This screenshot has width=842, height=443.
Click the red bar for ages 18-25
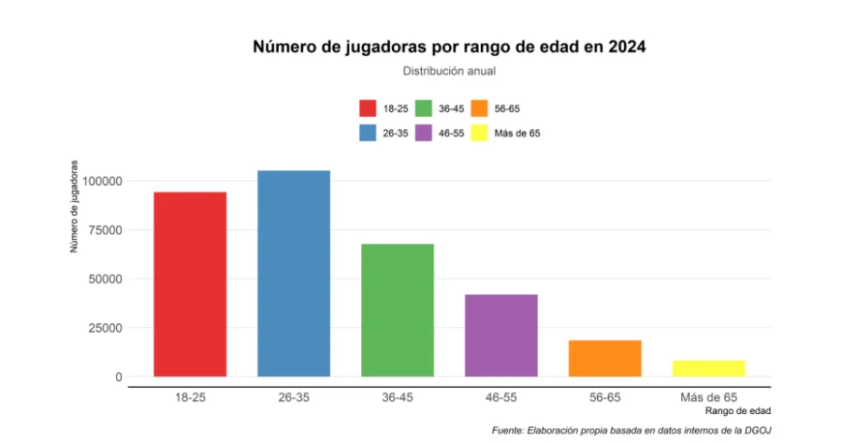pyautogui.click(x=190, y=284)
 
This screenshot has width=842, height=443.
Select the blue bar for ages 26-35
pyautogui.click(x=294, y=273)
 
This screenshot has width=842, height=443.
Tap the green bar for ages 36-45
pyautogui.click(x=398, y=310)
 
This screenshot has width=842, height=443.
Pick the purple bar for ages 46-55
pyautogui.click(x=501, y=336)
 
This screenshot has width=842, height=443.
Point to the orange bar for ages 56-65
pyautogui.click(x=604, y=358)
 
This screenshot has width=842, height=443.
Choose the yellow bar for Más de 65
pyautogui.click(x=708, y=368)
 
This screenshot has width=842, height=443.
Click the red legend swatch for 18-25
pyautogui.click(x=368, y=108)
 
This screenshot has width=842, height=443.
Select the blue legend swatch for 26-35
pyautogui.click(x=368, y=133)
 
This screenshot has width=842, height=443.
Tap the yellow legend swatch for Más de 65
pyautogui.click(x=479, y=133)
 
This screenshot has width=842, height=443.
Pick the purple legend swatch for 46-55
pyautogui.click(x=423, y=133)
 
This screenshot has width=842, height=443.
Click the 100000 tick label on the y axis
pyautogui.click(x=102, y=180)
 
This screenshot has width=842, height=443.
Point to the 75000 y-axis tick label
pyautogui.click(x=105, y=230)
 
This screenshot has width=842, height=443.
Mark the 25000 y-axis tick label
pyautogui.click(x=105, y=328)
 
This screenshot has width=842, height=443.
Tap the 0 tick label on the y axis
pyautogui.click(x=119, y=377)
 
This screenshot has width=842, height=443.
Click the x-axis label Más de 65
pyautogui.click(x=708, y=397)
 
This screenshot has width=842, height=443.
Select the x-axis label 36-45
pyautogui.click(x=398, y=397)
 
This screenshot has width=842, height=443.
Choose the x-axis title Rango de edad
pyautogui.click(x=739, y=411)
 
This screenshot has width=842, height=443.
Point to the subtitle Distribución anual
pyautogui.click(x=449, y=71)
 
